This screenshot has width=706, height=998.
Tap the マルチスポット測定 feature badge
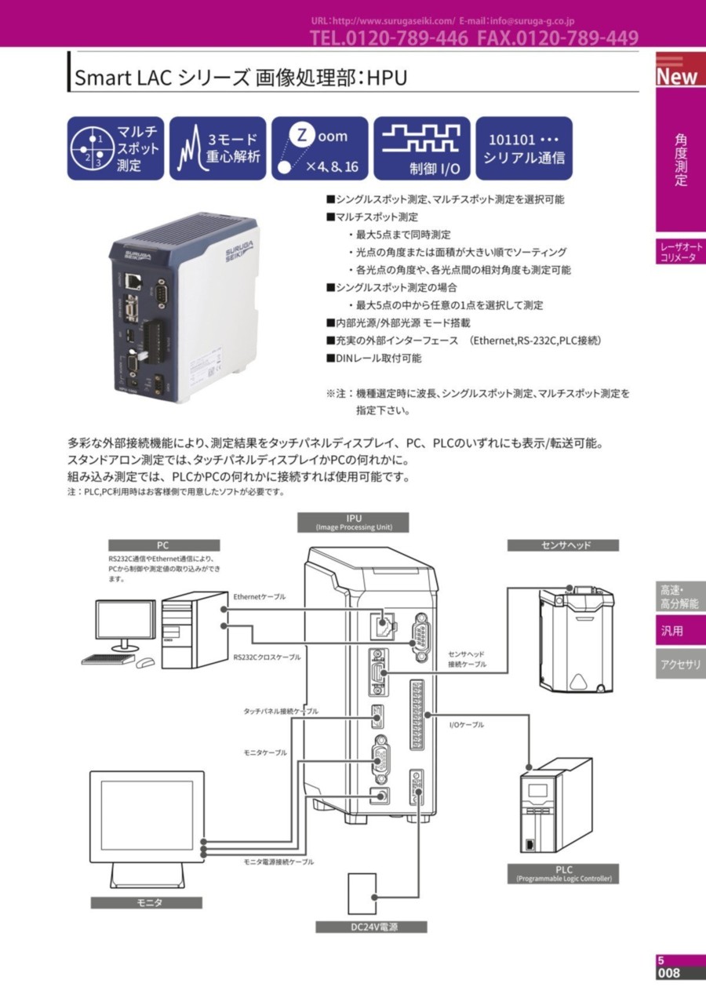(115, 148)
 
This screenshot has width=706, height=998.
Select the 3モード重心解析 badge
(218, 148)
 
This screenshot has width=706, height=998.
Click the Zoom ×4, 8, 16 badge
(320, 148)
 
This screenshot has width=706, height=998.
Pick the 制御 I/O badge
(422, 148)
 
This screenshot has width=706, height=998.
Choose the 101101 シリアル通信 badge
(524, 148)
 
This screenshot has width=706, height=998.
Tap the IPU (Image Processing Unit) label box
(353, 523)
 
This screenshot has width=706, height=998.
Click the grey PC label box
(164, 545)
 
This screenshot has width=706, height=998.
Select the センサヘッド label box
(563, 545)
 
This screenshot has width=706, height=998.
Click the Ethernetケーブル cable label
(259, 596)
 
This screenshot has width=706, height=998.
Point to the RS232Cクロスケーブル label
(267, 657)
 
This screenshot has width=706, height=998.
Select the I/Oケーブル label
(467, 725)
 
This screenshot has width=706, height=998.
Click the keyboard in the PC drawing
(108, 659)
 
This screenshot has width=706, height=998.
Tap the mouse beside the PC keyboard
(145, 662)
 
